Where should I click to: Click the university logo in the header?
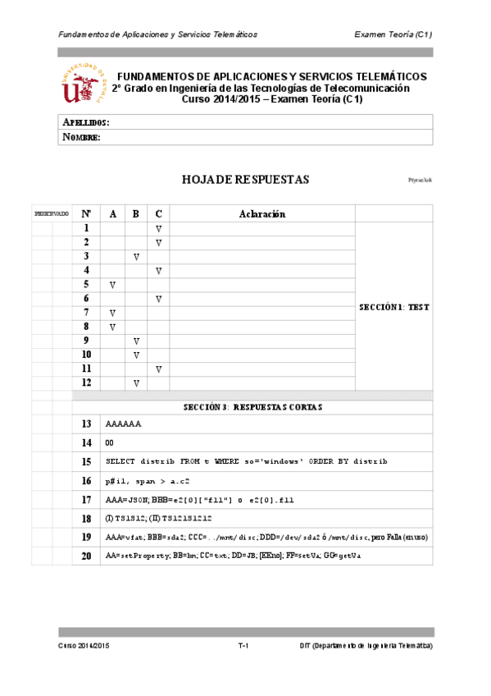84,85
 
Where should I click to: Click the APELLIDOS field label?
86,122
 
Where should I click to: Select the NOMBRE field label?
81,137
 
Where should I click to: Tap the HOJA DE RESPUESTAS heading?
245,180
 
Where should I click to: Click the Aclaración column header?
261,213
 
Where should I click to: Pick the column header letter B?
136,213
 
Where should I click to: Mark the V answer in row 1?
159,228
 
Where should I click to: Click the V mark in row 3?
136,257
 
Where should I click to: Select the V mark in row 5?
112,285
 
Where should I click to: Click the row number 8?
85,327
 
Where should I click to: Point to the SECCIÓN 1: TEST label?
394,307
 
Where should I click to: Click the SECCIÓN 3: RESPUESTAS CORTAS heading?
252,406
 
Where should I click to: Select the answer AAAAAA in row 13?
124,424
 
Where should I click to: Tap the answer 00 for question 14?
110,443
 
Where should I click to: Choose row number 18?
86,519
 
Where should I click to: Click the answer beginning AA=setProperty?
233,556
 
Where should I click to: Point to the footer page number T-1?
243,647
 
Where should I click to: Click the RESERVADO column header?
51,213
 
